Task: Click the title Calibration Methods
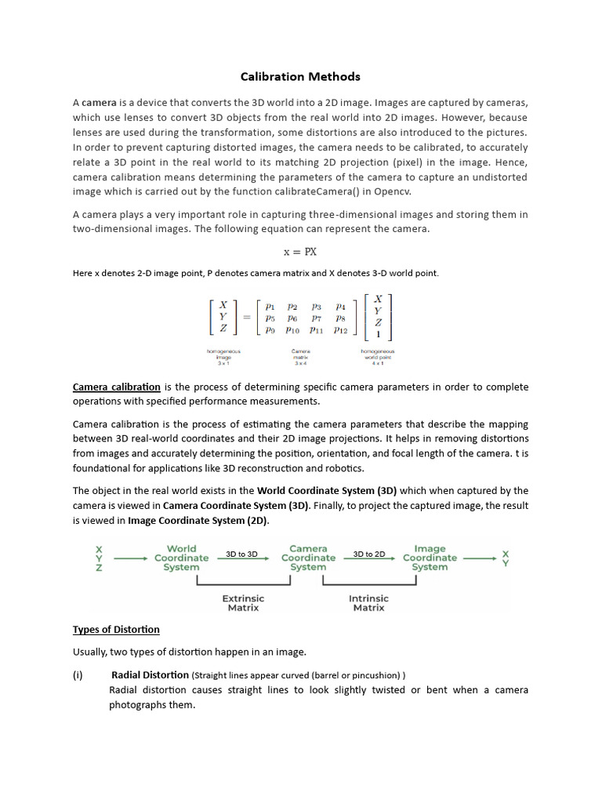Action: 300,76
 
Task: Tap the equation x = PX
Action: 299,252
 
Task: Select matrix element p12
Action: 340,330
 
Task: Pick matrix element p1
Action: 270,307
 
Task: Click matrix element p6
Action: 292,318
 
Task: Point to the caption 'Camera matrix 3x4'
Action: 300,357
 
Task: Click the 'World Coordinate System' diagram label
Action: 181,558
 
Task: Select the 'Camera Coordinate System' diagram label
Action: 308,558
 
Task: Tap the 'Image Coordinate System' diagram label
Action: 430,558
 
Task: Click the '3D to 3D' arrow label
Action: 241,554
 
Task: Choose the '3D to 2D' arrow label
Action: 368,554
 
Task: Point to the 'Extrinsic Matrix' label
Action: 243,602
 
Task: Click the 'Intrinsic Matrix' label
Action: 368,602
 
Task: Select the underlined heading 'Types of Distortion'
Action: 116,629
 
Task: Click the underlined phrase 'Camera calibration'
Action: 117,387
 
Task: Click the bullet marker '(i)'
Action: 78,674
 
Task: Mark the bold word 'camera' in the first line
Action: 99,103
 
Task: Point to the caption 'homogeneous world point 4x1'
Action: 378,357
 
